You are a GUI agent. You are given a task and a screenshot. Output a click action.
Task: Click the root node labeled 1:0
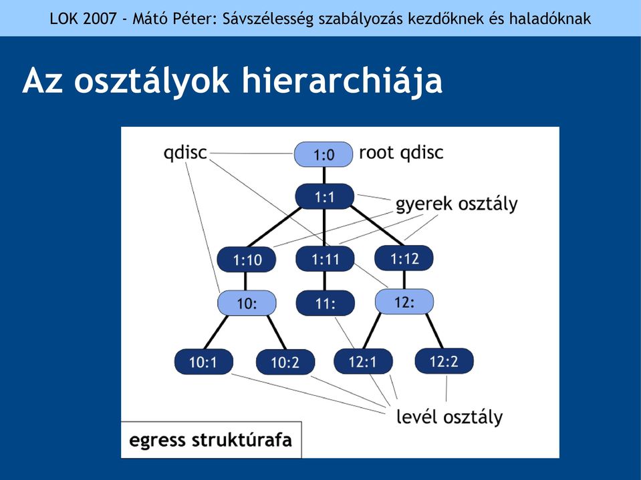point(324,154)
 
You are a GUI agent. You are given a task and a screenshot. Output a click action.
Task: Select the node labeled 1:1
point(325,197)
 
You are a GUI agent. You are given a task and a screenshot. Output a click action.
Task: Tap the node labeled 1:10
point(247,260)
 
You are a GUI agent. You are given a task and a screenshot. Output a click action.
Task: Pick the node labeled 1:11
point(325,259)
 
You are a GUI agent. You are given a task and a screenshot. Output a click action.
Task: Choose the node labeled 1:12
point(404,258)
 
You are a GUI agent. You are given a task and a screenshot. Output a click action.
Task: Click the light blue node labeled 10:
point(247,303)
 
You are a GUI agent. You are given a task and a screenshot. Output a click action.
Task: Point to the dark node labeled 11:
point(325,303)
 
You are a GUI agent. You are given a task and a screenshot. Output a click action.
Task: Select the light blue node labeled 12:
point(404,302)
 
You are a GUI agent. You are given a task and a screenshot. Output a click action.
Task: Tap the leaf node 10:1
point(204,362)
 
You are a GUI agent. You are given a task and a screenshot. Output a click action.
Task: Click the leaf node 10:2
point(285,362)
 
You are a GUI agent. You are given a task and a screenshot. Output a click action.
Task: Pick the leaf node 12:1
point(363,361)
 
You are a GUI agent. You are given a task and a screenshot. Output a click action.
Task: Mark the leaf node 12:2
point(444,361)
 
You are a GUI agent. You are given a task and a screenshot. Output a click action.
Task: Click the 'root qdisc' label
point(401,153)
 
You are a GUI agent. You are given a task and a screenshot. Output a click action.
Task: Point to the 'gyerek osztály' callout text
point(457,204)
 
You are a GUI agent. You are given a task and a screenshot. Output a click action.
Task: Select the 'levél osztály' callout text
point(450,417)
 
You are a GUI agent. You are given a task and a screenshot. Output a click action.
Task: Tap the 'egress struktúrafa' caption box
point(211,440)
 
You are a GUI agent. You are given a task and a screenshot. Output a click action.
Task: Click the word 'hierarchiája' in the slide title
point(342,81)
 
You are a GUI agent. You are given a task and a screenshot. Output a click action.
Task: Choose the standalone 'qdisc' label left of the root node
point(185,153)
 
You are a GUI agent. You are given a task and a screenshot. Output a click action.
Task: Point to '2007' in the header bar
point(100,19)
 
